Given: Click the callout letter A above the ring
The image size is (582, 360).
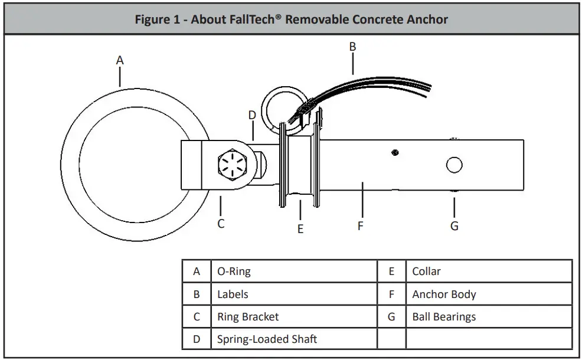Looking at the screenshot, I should pyautogui.click(x=120, y=60).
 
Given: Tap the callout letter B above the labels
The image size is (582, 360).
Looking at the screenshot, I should pyautogui.click(x=352, y=46).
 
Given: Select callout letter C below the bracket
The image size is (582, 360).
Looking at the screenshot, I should pyautogui.click(x=221, y=224).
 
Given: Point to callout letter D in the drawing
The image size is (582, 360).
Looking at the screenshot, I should pyautogui.click(x=252, y=115).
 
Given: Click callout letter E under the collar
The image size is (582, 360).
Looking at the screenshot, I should pyautogui.click(x=300, y=229).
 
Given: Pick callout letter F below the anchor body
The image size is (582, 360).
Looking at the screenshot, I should pyautogui.click(x=361, y=225).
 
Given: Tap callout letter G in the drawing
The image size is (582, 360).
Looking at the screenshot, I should pyautogui.click(x=454, y=225).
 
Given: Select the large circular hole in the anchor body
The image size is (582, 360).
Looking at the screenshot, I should pyautogui.click(x=454, y=165).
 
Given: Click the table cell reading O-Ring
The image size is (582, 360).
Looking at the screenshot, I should pyautogui.click(x=234, y=271).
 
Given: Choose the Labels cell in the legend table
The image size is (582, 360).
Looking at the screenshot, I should pyautogui.click(x=233, y=294).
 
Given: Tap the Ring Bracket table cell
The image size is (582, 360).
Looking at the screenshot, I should pyautogui.click(x=248, y=317).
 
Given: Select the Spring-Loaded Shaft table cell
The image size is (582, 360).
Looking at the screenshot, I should pyautogui.click(x=267, y=339).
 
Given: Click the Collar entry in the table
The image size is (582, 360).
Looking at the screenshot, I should pyautogui.click(x=426, y=271).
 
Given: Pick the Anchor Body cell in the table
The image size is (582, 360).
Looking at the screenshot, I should pyautogui.click(x=444, y=294).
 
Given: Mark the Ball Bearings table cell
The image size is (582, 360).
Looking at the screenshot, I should pyautogui.click(x=444, y=317).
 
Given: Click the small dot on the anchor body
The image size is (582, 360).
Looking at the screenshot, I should pyautogui.click(x=394, y=153).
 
